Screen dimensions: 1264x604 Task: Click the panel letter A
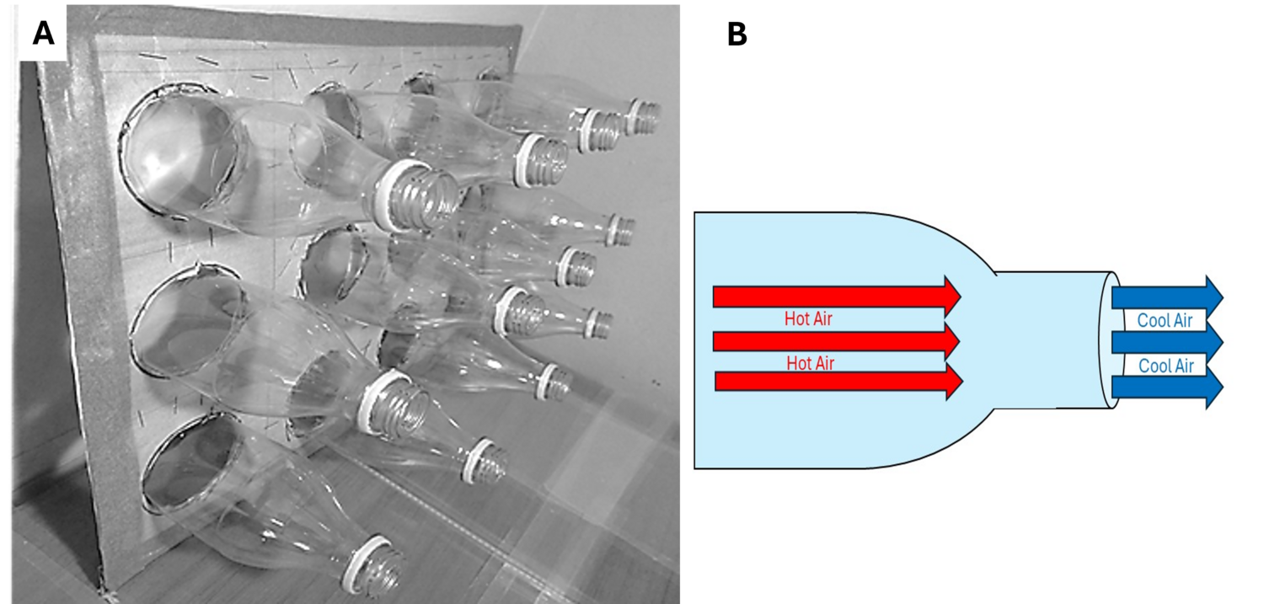[x=44, y=33]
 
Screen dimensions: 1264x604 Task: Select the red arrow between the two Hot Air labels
[x=836, y=341]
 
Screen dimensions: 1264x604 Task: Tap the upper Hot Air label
[x=808, y=318]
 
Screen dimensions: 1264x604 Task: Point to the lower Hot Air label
[x=811, y=363]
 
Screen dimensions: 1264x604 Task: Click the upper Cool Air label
[x=1165, y=320]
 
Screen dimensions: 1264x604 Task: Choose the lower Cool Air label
[x=1165, y=366]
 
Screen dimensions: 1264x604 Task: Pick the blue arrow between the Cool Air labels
[x=1167, y=342]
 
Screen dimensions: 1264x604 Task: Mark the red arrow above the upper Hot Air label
[x=837, y=297]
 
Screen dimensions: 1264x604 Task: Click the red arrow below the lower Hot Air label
[x=838, y=382]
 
